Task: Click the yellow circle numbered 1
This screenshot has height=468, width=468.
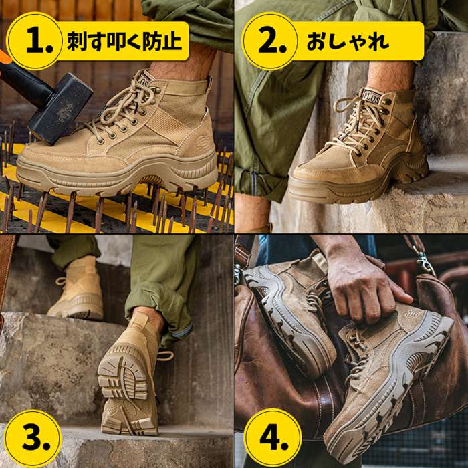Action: point(34,41)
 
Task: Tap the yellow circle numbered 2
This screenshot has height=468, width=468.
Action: point(269,41)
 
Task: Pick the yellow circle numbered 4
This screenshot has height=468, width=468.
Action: point(272,437)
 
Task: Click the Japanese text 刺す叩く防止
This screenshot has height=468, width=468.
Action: point(124,41)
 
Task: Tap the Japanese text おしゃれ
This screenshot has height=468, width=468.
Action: point(348,41)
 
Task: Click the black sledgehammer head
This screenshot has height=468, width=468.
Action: point(61,108)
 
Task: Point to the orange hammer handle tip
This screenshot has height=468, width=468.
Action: point(5,56)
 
